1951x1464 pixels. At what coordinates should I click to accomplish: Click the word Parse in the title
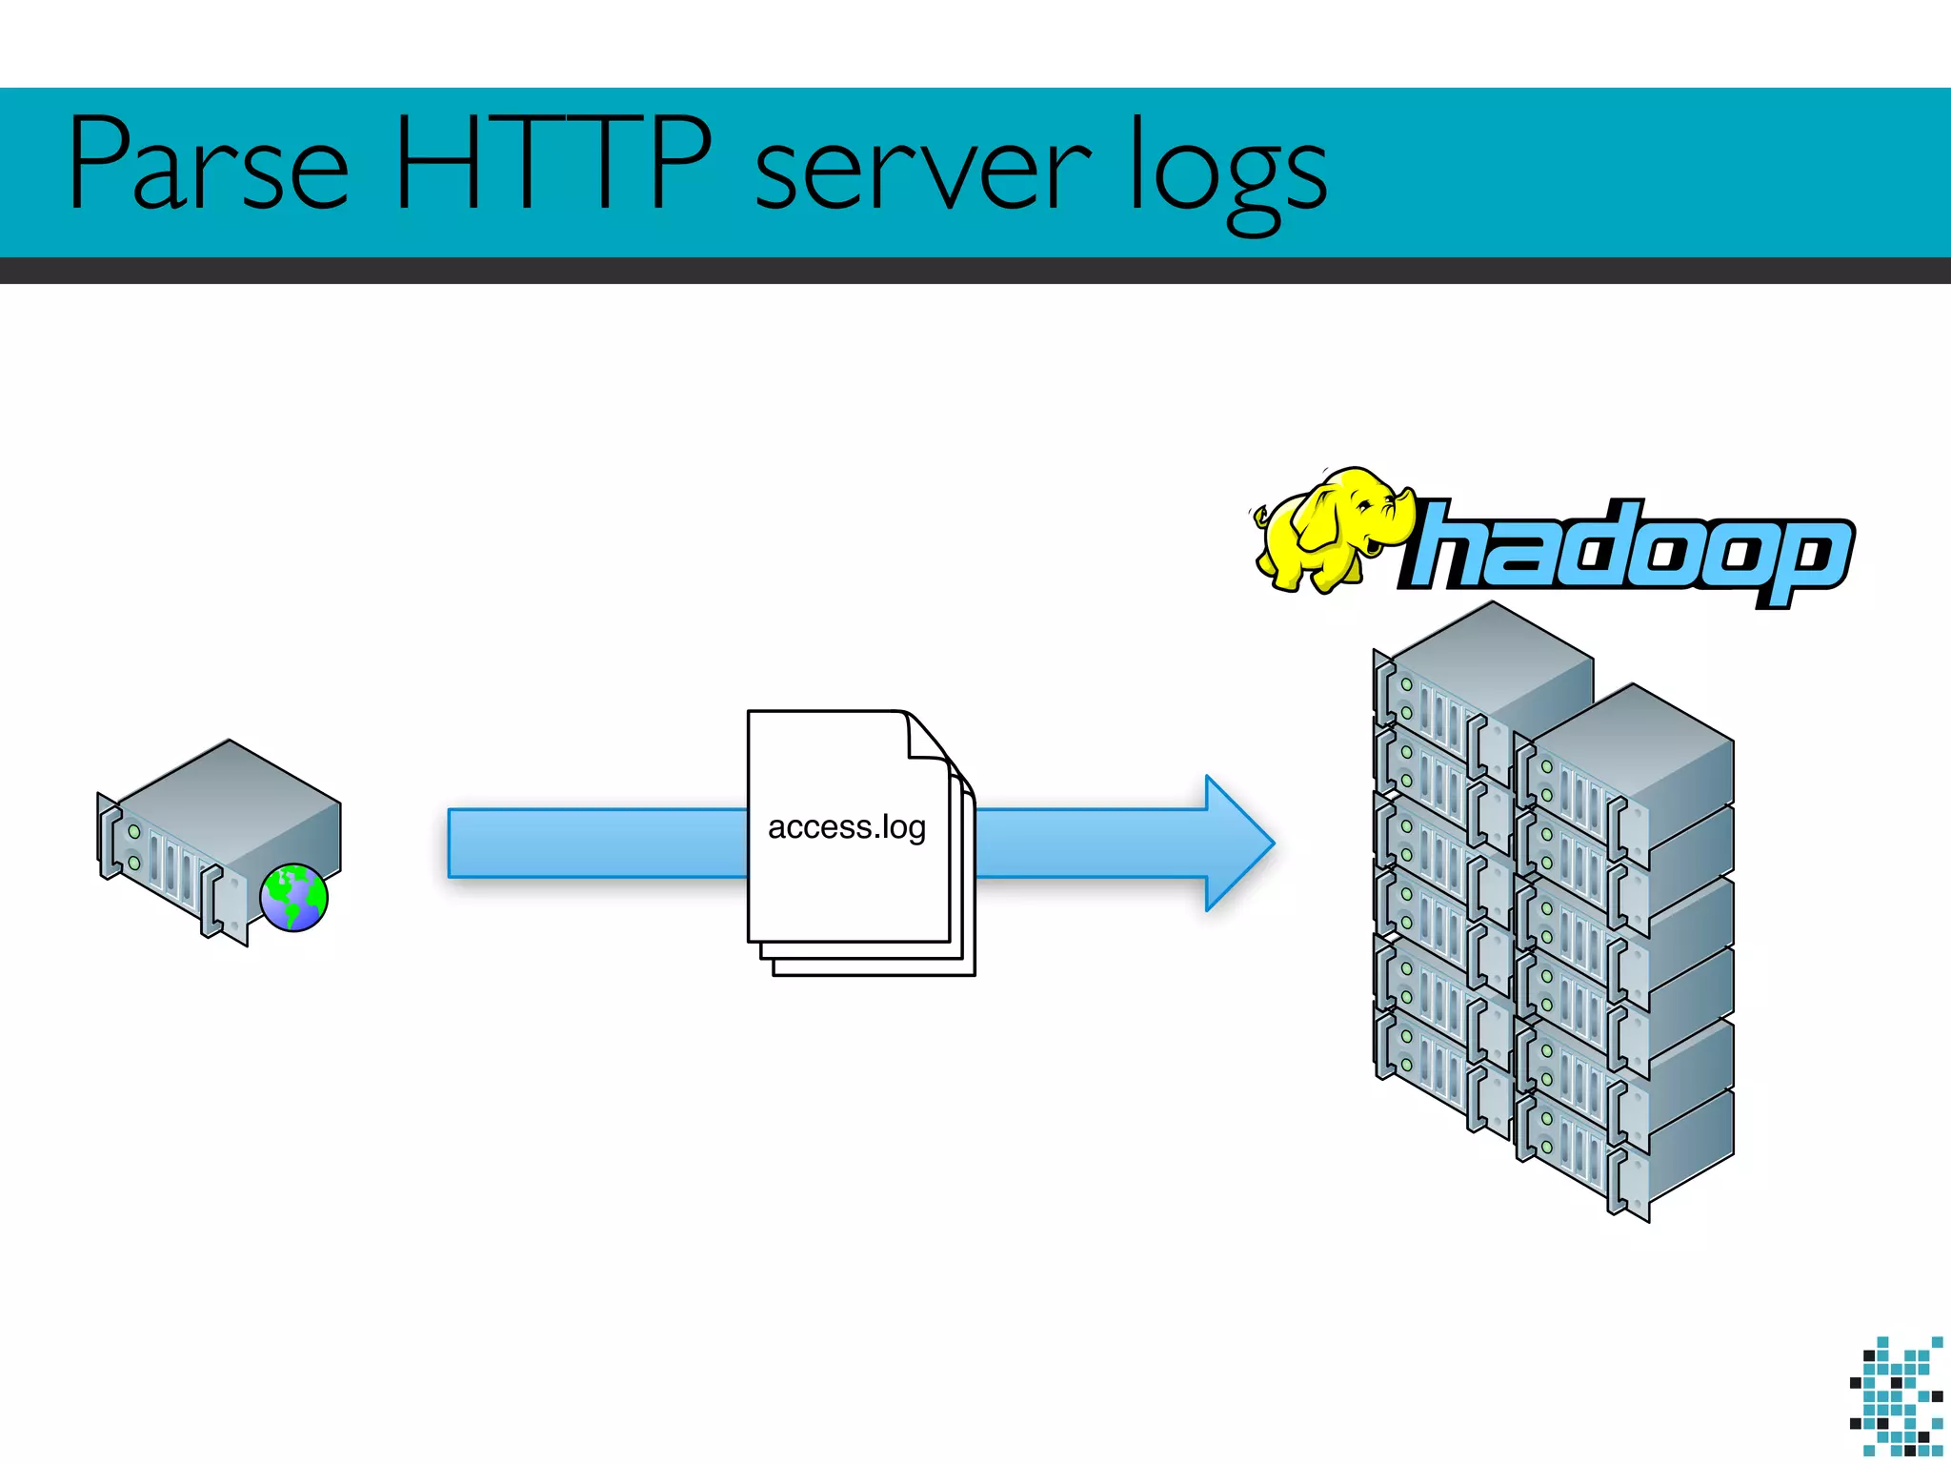(208, 164)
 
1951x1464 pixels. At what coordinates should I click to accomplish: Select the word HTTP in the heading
(553, 164)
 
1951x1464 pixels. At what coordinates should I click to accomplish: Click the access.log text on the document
(847, 827)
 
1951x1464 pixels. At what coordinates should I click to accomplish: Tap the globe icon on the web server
(294, 898)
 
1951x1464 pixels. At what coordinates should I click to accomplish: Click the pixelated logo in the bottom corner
(1896, 1396)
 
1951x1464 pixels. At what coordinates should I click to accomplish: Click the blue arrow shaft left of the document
(596, 843)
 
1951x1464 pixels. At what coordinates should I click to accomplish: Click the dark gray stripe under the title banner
(975, 271)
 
